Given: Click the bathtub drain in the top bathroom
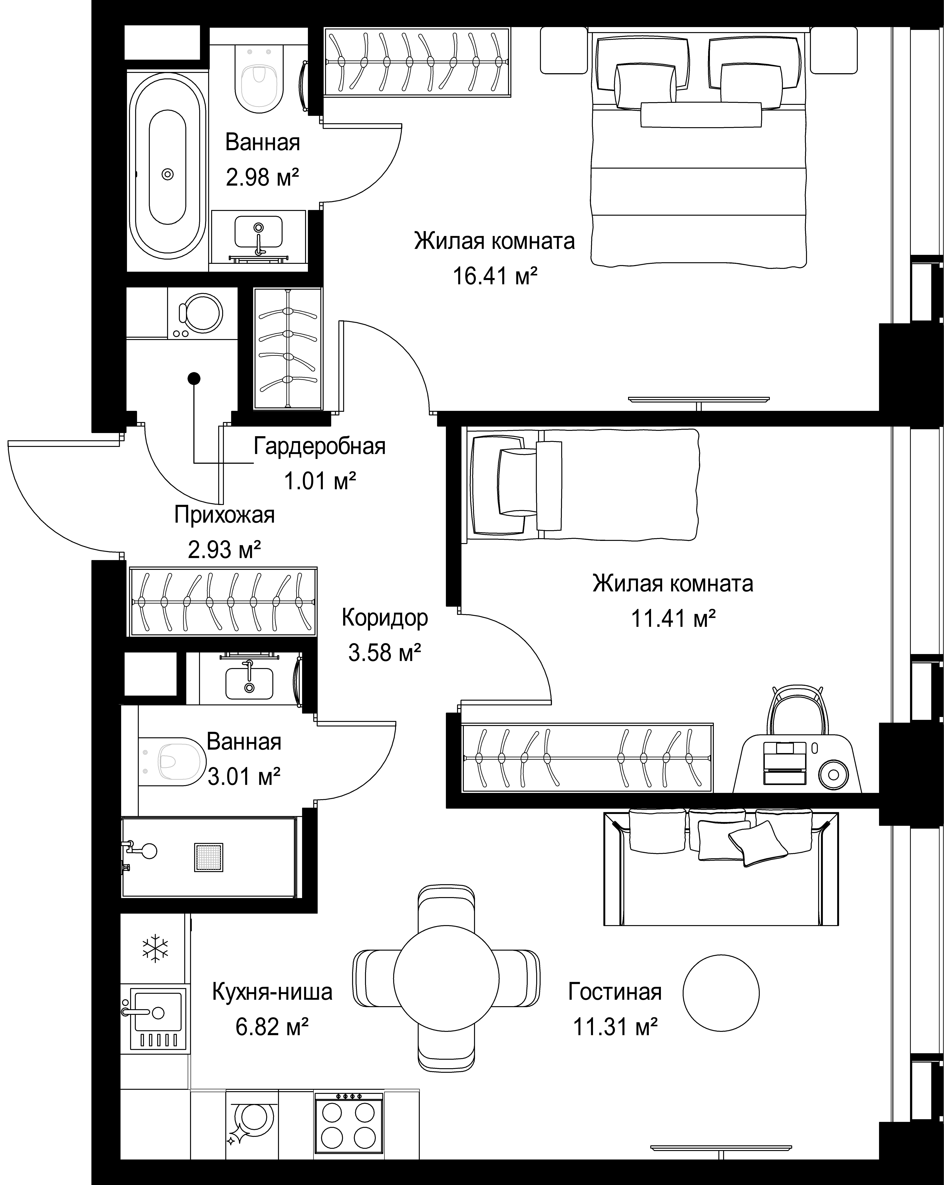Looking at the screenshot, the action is (168, 174).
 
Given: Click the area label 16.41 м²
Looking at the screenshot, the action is (494, 276).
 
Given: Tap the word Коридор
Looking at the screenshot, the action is (385, 618).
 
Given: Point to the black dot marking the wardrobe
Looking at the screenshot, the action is (194, 378).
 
